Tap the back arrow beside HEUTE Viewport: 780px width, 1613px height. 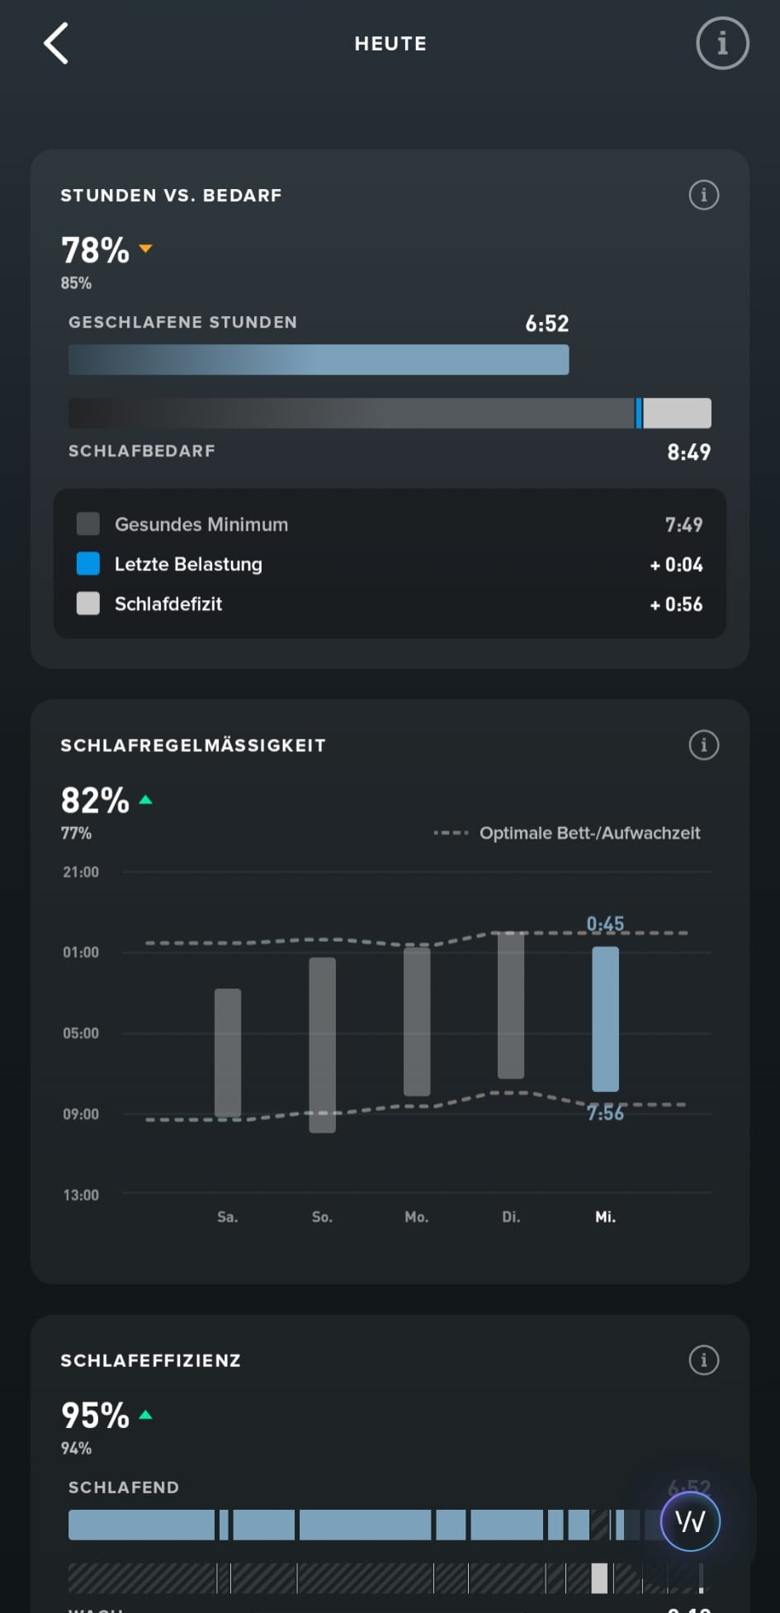[56, 44]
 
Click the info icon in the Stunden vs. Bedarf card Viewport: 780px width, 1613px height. [703, 196]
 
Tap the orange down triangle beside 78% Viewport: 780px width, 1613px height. [146, 248]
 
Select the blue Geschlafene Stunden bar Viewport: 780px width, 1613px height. [319, 360]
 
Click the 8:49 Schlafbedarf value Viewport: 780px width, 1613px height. [688, 452]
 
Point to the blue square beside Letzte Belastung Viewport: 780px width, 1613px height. [88, 564]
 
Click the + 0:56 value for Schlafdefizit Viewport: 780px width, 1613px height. [676, 604]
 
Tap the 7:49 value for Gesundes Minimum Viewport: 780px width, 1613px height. [683, 525]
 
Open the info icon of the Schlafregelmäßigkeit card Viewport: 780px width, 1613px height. [703, 745]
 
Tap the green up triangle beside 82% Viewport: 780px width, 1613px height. [146, 800]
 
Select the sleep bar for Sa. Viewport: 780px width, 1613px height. [228, 1052]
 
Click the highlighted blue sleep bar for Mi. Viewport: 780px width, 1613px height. [605, 1019]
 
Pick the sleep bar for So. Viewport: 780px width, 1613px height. [322, 1044]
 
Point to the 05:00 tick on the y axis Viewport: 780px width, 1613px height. [81, 1034]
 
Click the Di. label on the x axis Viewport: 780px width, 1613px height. [511, 1217]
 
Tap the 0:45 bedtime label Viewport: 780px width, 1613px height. [605, 924]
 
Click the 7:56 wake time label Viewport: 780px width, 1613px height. [605, 1114]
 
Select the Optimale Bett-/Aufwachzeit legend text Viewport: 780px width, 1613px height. [589, 833]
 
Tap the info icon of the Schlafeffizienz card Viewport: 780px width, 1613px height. [703, 1360]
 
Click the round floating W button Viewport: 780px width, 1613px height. [690, 1521]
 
